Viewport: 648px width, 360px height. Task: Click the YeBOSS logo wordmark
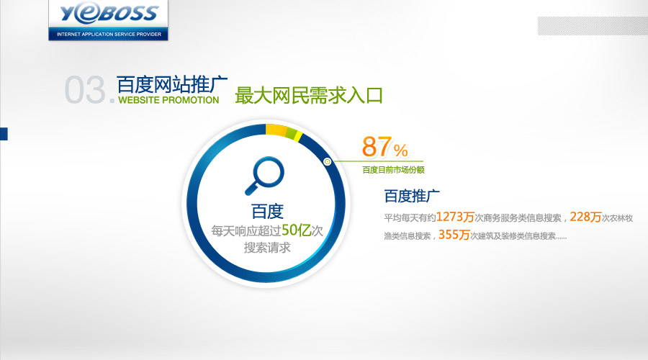[109, 13]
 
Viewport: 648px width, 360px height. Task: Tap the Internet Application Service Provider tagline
[109, 35]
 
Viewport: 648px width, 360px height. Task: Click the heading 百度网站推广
[172, 84]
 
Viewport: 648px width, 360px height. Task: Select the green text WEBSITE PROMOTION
[168, 100]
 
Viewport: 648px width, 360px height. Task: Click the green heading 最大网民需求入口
[309, 96]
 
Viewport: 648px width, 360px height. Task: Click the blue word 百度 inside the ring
[267, 212]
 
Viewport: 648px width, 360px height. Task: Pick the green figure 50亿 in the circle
[297, 230]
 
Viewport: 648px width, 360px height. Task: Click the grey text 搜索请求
[267, 248]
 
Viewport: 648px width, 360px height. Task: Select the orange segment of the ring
[276, 130]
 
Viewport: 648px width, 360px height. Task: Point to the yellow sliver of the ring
[298, 137]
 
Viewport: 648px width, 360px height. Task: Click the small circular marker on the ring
[328, 161]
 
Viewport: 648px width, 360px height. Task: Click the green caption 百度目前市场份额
[393, 169]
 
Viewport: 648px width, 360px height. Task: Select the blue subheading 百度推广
[412, 196]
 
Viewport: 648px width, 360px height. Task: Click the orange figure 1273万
[455, 217]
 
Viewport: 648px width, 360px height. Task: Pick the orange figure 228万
[585, 217]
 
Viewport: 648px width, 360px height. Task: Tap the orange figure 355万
[454, 235]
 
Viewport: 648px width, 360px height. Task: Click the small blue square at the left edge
[4, 134]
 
